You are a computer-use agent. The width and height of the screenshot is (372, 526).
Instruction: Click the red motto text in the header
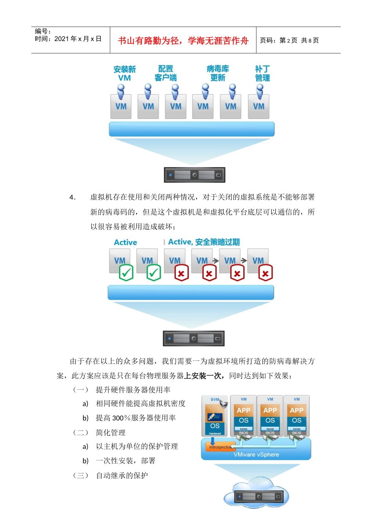(183, 41)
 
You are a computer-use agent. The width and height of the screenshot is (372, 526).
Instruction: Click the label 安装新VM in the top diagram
(125, 74)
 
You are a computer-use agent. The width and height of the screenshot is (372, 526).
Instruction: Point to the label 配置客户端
(166, 74)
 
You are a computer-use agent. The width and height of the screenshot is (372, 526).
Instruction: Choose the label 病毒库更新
(218, 74)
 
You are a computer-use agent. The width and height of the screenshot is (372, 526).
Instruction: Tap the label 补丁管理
(262, 74)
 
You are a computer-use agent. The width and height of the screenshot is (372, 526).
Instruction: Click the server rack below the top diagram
(195, 175)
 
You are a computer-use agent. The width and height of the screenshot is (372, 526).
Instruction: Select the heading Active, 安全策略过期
(204, 242)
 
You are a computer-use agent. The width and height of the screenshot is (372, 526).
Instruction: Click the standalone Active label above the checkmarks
(125, 243)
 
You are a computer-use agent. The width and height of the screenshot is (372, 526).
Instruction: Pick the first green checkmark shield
(126, 273)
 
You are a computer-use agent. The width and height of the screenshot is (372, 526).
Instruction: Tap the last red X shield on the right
(265, 273)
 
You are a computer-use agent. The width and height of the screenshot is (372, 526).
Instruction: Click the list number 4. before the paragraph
(72, 197)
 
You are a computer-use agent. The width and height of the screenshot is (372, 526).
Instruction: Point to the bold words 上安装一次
(204, 376)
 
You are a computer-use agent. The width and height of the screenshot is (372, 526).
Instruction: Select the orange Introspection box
(220, 447)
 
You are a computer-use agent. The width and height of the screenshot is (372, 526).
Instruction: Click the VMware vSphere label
(256, 455)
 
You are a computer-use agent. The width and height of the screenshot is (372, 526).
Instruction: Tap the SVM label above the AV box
(215, 400)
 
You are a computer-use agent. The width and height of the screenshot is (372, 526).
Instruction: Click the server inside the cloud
(259, 497)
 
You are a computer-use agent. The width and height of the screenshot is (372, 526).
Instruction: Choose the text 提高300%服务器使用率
(135, 418)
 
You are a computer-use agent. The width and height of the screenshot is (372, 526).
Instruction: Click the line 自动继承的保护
(122, 476)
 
